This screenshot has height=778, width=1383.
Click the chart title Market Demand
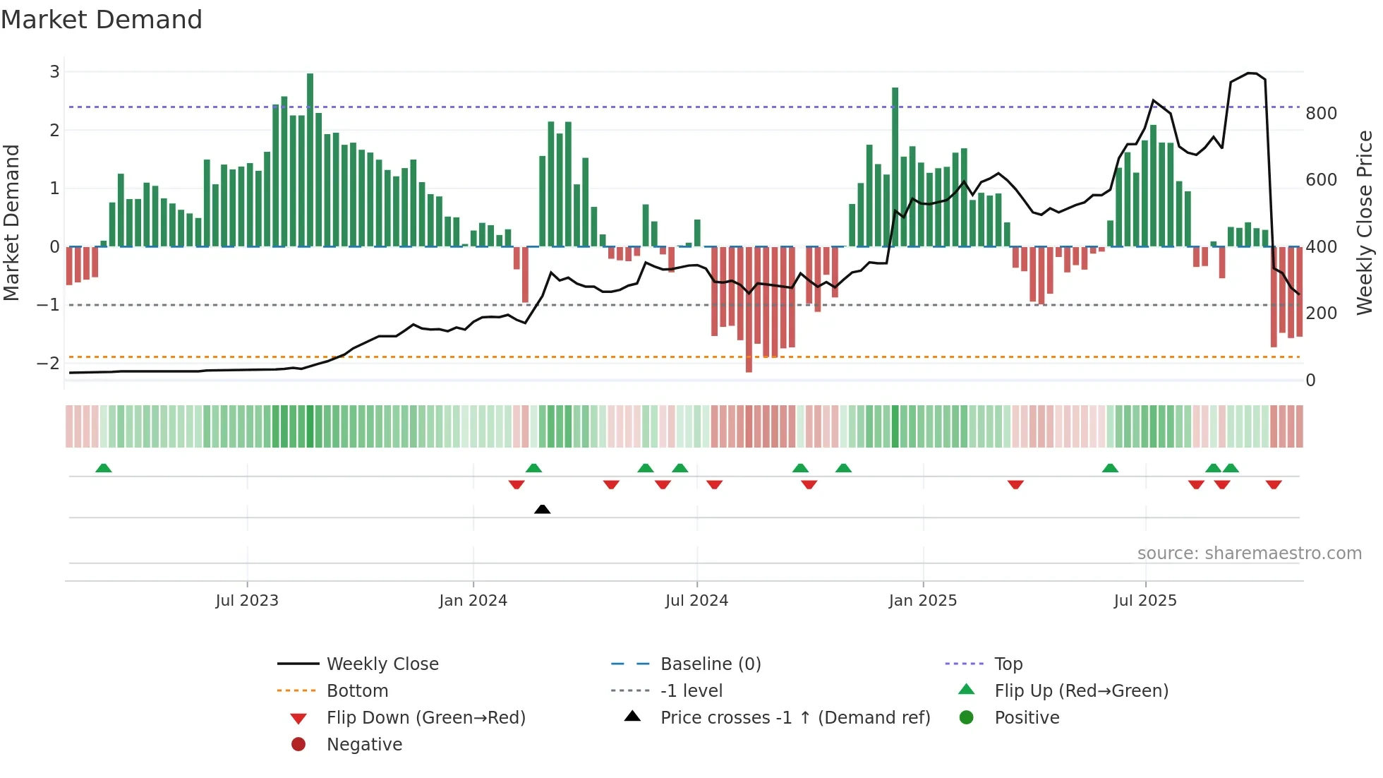pos(102,20)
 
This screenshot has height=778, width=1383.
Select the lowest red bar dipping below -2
pos(749,311)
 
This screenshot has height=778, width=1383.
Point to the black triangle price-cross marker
pos(542,509)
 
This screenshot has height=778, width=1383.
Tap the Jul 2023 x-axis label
pos(247,601)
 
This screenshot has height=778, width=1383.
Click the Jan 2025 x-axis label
pos(922,601)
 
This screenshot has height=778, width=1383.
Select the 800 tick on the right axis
pos(1321,114)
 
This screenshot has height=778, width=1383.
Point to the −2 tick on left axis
pos(48,364)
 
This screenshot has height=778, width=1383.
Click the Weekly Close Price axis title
pos(1365,222)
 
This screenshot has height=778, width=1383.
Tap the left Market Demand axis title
pos(12,222)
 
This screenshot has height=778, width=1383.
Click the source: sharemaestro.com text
pos(1249,553)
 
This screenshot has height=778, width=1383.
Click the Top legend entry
pos(1008,664)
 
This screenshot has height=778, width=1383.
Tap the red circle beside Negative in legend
pos(298,745)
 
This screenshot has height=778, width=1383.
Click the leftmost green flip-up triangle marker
pos(104,468)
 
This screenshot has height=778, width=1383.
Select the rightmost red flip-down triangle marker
pos(1274,484)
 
